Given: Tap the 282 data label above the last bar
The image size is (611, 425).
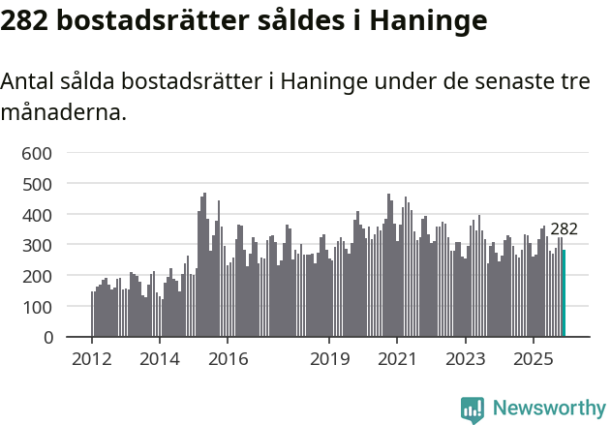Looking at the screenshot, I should (x=564, y=229).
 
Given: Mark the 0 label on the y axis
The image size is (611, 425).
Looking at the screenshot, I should (x=46, y=338).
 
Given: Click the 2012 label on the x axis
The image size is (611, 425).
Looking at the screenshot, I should (x=92, y=360).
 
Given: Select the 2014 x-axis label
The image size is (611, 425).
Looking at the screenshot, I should (x=160, y=360).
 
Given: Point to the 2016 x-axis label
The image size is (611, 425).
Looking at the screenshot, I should (x=228, y=360).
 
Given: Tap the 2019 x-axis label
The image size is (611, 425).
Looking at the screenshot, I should (x=329, y=360).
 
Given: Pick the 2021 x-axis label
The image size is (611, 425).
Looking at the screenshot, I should (x=397, y=360).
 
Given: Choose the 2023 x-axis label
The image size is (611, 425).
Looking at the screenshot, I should (x=465, y=360).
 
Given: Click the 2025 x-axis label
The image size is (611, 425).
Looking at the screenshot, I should (x=533, y=360).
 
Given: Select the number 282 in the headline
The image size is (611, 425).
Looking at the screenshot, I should (x=26, y=19).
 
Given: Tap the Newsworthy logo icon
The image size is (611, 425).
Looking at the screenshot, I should (x=473, y=410).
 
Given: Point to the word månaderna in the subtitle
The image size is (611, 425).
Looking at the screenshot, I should (x=63, y=112).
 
